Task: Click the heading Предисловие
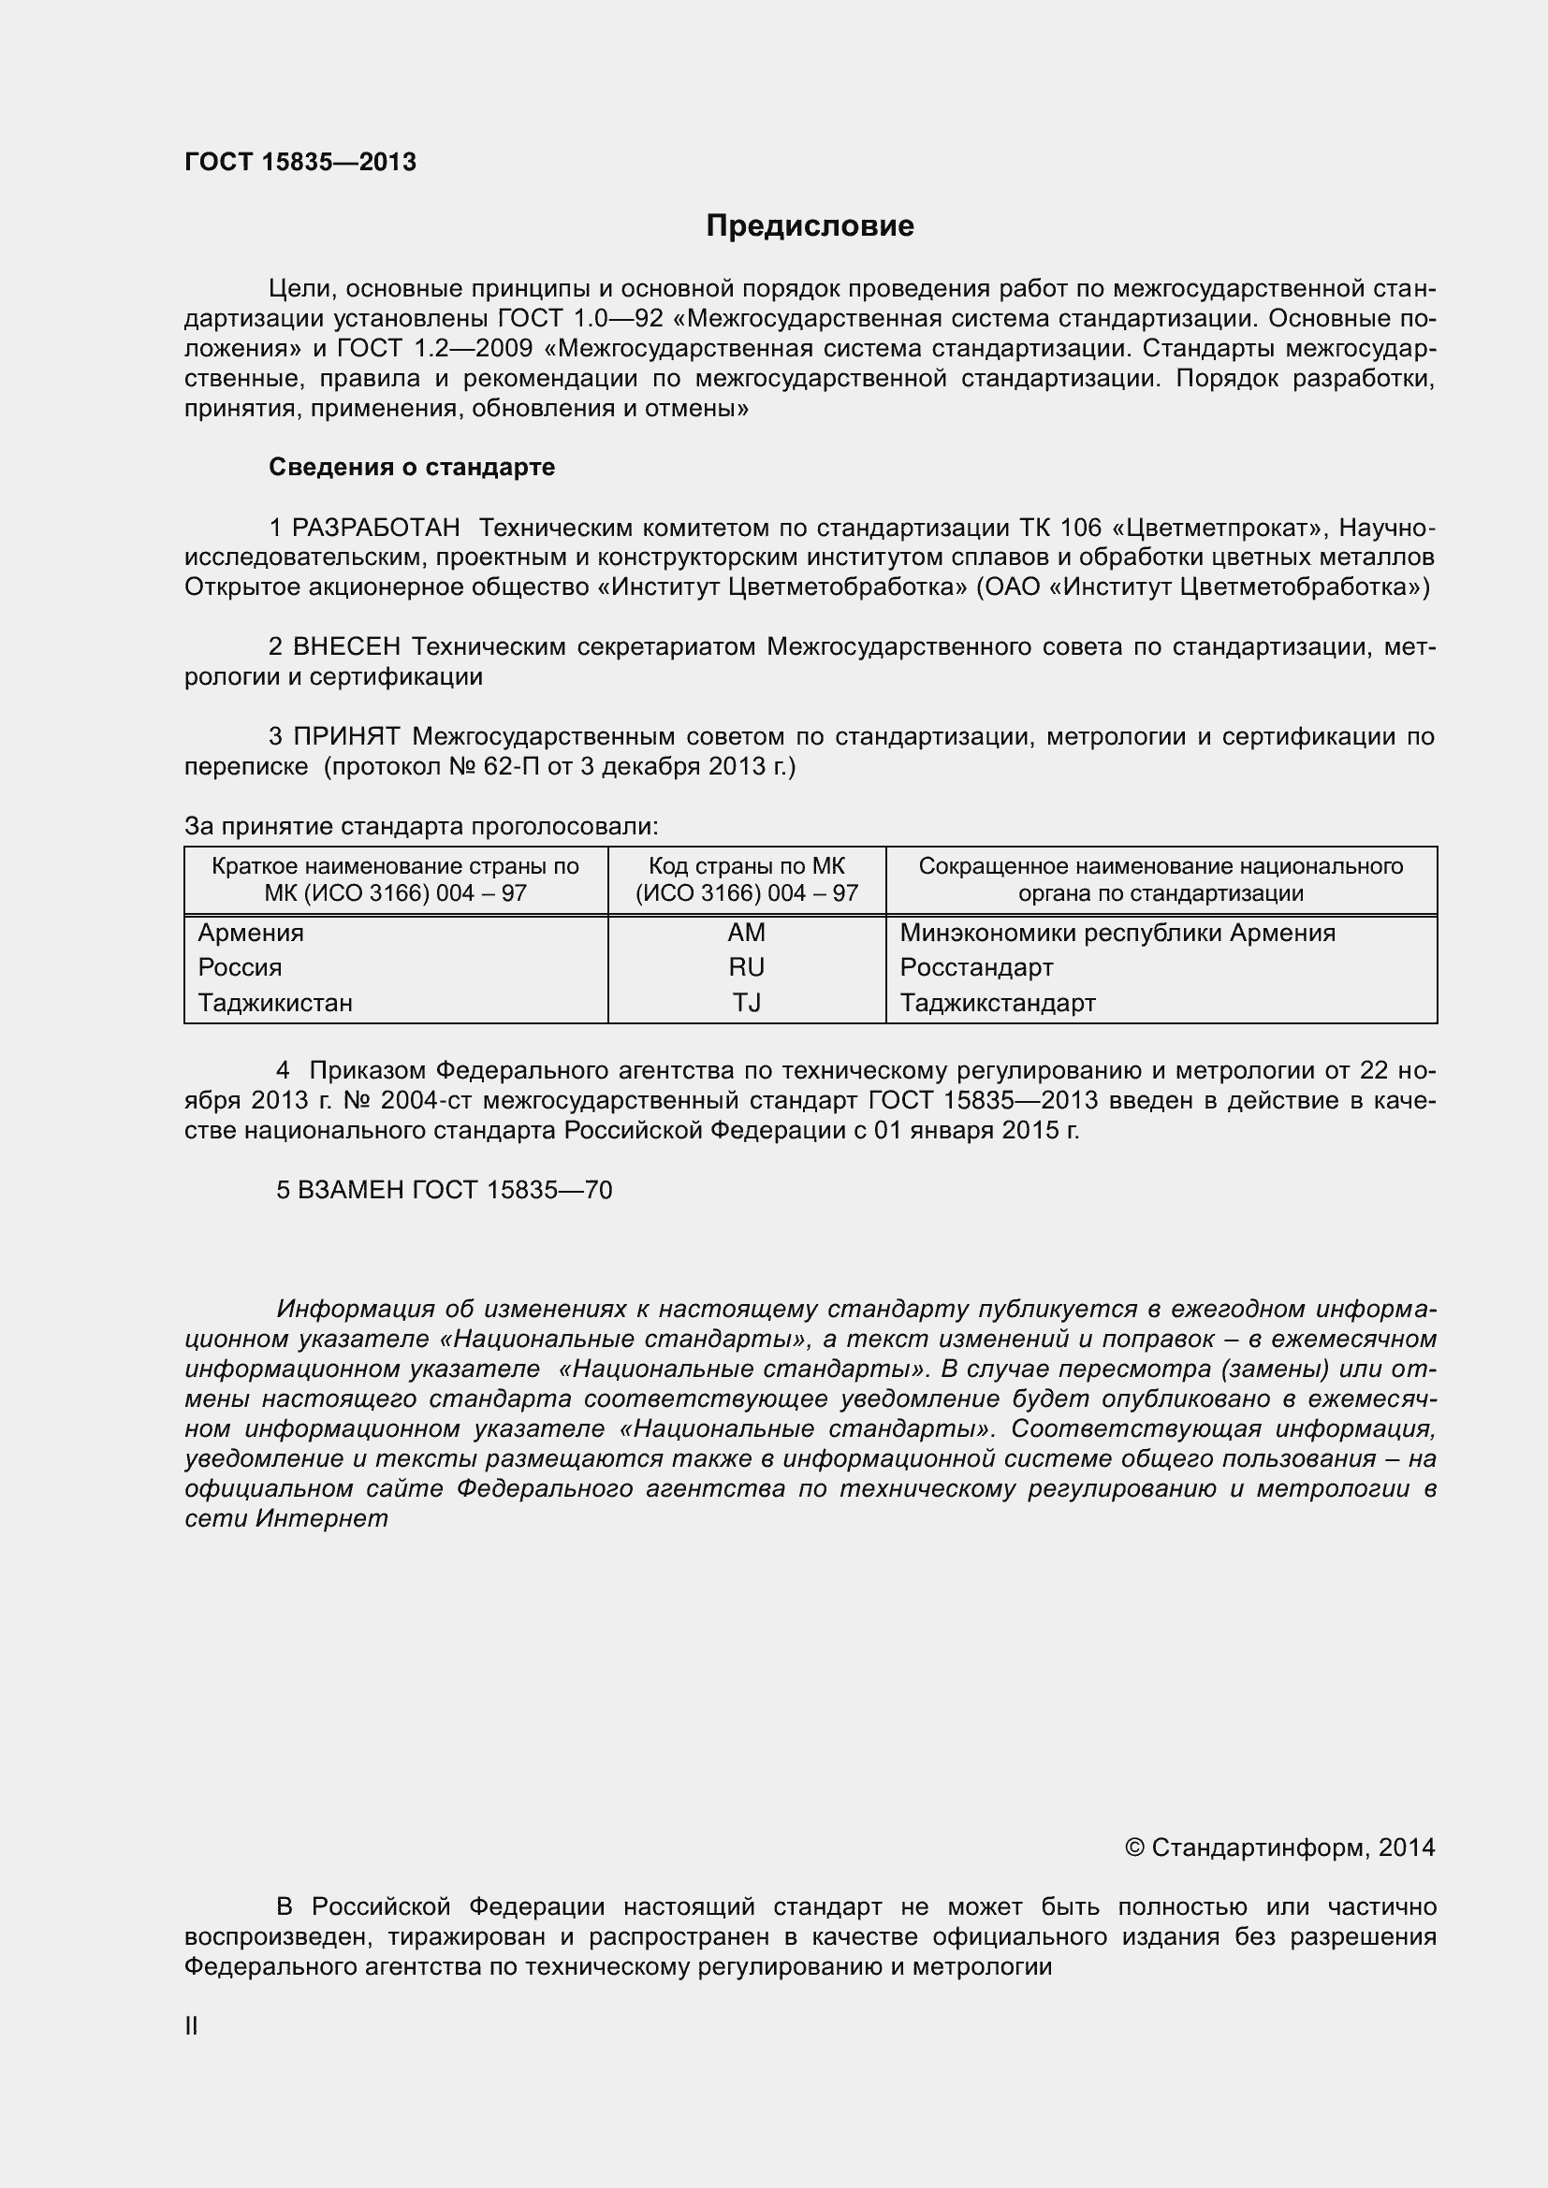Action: [810, 225]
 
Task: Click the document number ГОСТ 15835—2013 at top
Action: [300, 162]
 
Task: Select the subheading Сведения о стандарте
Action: [412, 467]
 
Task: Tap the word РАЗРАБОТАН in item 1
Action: [375, 527]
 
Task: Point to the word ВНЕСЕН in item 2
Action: [347, 646]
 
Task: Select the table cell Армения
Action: [251, 932]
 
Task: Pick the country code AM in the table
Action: [746, 932]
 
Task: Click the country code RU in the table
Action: [746, 967]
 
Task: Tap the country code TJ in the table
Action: [746, 1003]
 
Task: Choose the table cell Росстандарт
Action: [976, 967]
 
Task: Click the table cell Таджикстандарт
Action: [997, 1003]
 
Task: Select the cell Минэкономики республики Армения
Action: [1117, 932]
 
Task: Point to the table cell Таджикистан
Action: [275, 1003]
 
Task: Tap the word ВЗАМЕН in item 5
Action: [351, 1189]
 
